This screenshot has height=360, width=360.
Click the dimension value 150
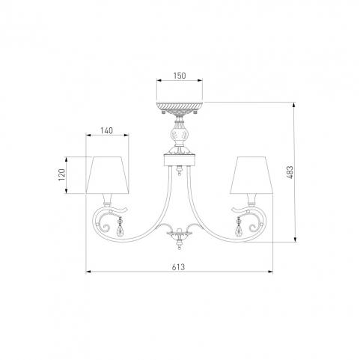180,76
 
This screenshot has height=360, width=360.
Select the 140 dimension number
107,130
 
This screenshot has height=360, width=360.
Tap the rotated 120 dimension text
61,174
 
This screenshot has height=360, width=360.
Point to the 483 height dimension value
290,172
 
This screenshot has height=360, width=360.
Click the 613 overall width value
178,267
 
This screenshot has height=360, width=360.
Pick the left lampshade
108,175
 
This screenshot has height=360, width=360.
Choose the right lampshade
251,175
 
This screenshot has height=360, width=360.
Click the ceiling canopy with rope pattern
180,107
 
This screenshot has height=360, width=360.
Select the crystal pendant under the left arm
120,227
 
